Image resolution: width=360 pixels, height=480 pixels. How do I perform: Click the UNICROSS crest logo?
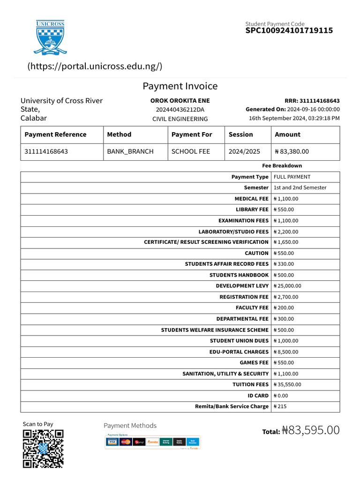coord(50,37)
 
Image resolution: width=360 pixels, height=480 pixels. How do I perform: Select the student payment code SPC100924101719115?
coord(289,30)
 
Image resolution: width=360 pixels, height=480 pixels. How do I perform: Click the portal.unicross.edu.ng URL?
coord(95,66)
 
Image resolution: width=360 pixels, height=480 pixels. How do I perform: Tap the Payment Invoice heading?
coord(180,86)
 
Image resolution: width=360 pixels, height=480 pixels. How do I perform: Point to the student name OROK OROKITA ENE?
coord(180,101)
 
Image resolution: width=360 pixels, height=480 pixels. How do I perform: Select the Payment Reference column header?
coord(55,135)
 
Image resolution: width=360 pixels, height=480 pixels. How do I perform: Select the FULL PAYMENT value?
coord(292,177)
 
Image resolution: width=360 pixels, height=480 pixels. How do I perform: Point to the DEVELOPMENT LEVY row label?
coord(242,286)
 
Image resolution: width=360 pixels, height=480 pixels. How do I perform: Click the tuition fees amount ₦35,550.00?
coord(287,384)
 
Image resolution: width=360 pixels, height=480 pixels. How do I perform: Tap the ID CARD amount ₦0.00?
coord(282,396)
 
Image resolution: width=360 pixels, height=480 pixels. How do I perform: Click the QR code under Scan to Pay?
coord(43,449)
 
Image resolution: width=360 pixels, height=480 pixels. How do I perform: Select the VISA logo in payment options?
coord(112,442)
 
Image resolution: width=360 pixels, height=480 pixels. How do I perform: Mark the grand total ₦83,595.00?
coord(311,430)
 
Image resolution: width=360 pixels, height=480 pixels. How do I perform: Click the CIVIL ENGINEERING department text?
coord(180,119)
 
